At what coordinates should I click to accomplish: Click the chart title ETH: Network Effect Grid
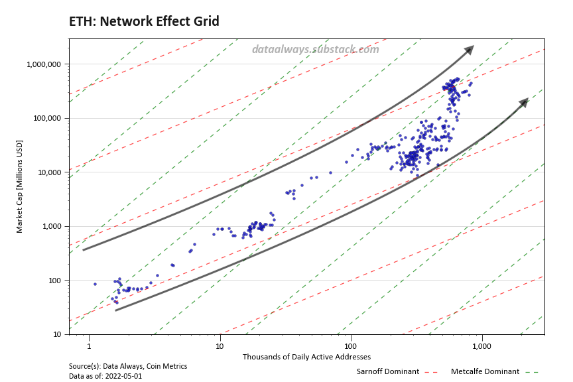point(144,22)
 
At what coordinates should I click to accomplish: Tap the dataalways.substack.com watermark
point(316,49)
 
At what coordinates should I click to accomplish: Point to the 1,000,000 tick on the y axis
point(44,64)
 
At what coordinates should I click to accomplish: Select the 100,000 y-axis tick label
point(47,118)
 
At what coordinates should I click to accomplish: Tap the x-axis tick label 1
point(88,346)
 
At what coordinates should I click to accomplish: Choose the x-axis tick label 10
point(220,346)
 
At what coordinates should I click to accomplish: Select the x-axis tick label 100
point(351,346)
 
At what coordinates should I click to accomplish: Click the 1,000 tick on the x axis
point(481,346)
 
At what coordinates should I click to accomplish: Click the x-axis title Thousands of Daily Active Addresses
point(306,357)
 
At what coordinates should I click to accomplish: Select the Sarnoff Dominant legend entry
point(388,371)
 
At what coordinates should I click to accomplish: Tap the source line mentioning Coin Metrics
point(128,366)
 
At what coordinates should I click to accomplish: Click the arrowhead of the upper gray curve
point(470,50)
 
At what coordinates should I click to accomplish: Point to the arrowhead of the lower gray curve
point(524,101)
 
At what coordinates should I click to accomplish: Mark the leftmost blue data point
point(95,284)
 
